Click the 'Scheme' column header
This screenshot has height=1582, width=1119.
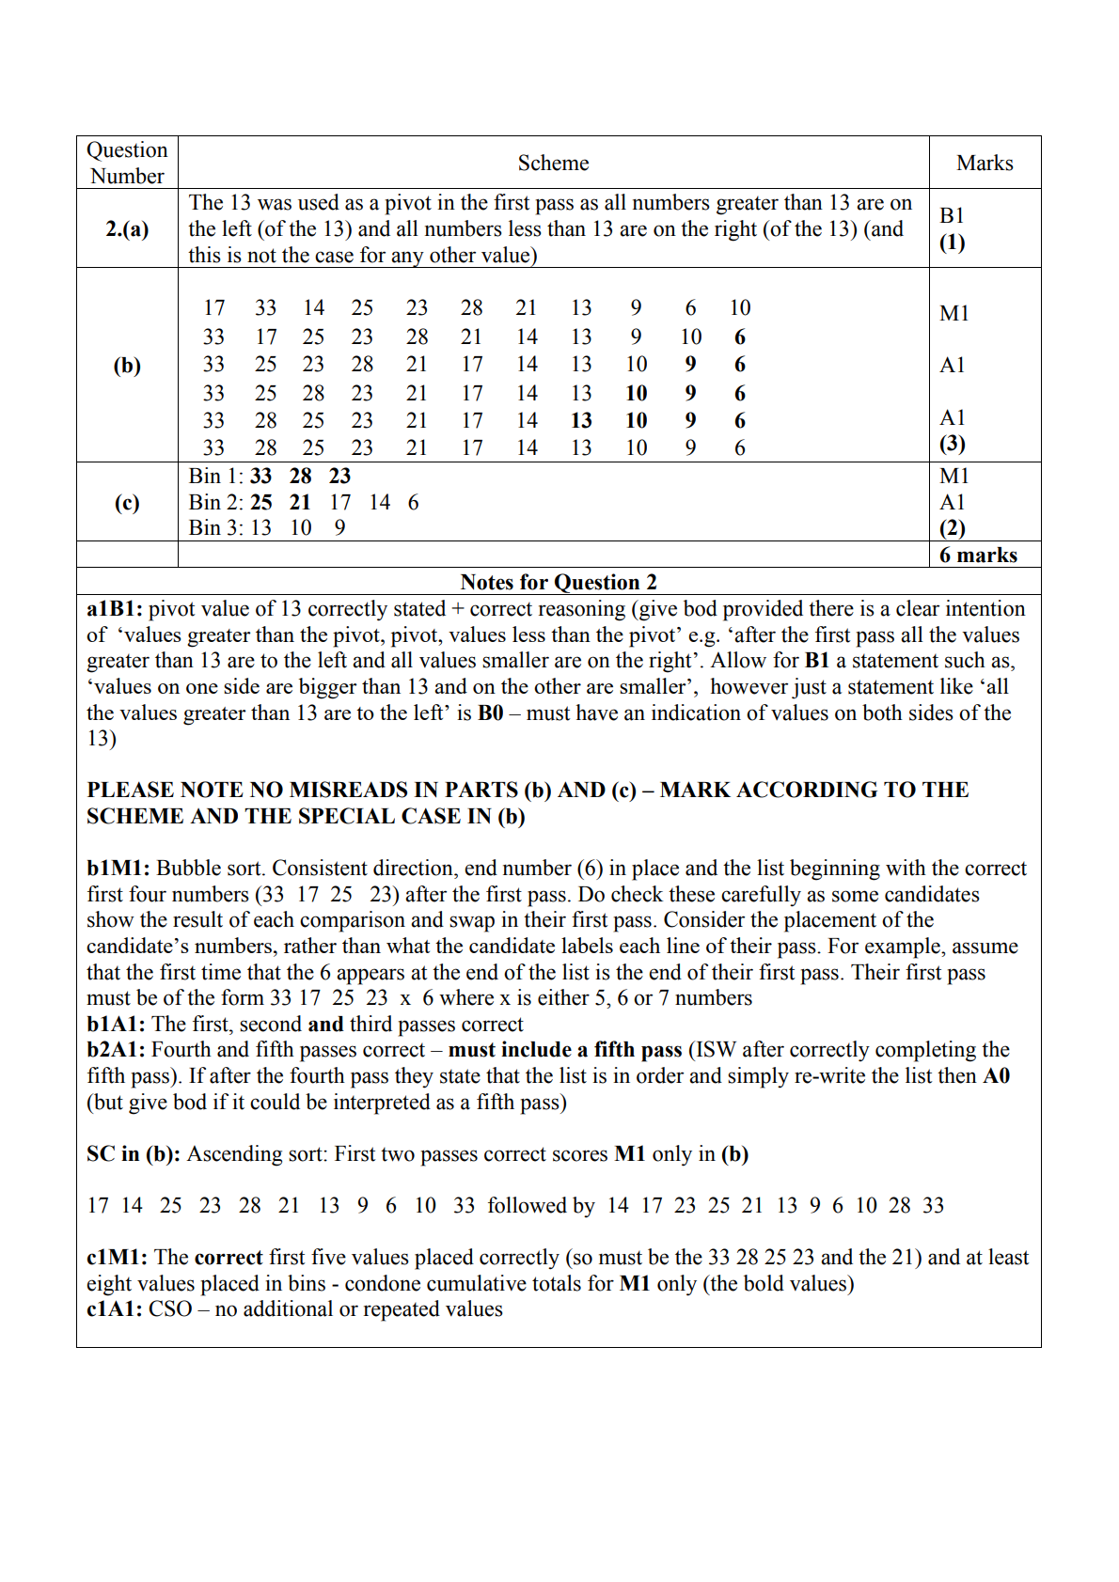553,164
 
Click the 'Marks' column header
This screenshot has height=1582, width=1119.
985,164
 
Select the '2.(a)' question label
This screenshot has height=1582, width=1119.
127,228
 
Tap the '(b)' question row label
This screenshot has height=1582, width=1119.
127,365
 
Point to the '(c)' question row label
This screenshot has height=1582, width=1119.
127,502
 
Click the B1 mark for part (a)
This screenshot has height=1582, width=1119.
952,215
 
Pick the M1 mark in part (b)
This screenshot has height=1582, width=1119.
954,313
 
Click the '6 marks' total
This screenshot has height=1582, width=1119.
978,555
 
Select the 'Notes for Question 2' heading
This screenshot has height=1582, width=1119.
559,582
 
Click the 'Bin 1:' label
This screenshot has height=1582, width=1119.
215,477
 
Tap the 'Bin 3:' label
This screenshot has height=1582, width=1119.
215,527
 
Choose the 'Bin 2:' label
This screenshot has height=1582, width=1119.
215,502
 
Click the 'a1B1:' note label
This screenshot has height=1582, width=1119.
115,609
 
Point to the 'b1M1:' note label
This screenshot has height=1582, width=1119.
119,868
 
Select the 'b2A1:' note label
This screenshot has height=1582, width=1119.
116,1049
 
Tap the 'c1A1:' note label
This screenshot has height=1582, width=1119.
115,1308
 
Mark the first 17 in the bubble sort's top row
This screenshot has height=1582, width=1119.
214,308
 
